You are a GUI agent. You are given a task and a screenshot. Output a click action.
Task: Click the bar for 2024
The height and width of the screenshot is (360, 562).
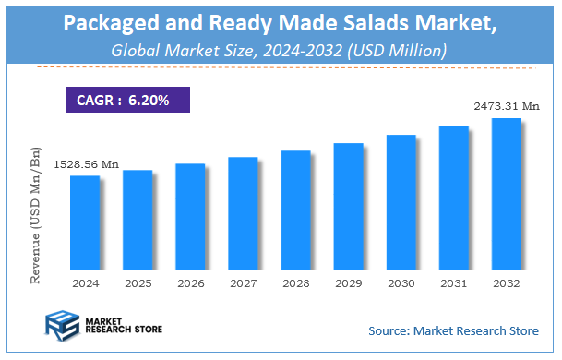coord(85,222)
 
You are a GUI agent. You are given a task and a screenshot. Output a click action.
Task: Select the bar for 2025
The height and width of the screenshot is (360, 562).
coord(138,219)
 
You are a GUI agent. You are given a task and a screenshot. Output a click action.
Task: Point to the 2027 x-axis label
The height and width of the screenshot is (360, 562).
coord(243,283)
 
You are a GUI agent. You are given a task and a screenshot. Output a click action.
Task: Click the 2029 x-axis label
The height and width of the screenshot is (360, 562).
coord(348,283)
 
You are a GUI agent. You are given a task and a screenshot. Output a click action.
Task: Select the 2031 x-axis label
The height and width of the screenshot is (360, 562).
coord(453,283)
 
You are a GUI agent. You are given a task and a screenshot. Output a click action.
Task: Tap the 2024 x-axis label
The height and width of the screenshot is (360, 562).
coord(85,283)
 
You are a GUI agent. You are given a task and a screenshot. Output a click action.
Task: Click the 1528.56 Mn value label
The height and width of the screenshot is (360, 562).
coord(85,164)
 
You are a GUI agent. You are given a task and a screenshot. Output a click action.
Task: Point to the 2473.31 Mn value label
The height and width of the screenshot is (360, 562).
coord(506,107)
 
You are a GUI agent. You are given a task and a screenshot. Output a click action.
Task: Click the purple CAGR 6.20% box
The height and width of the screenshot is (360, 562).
coord(129,99)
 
